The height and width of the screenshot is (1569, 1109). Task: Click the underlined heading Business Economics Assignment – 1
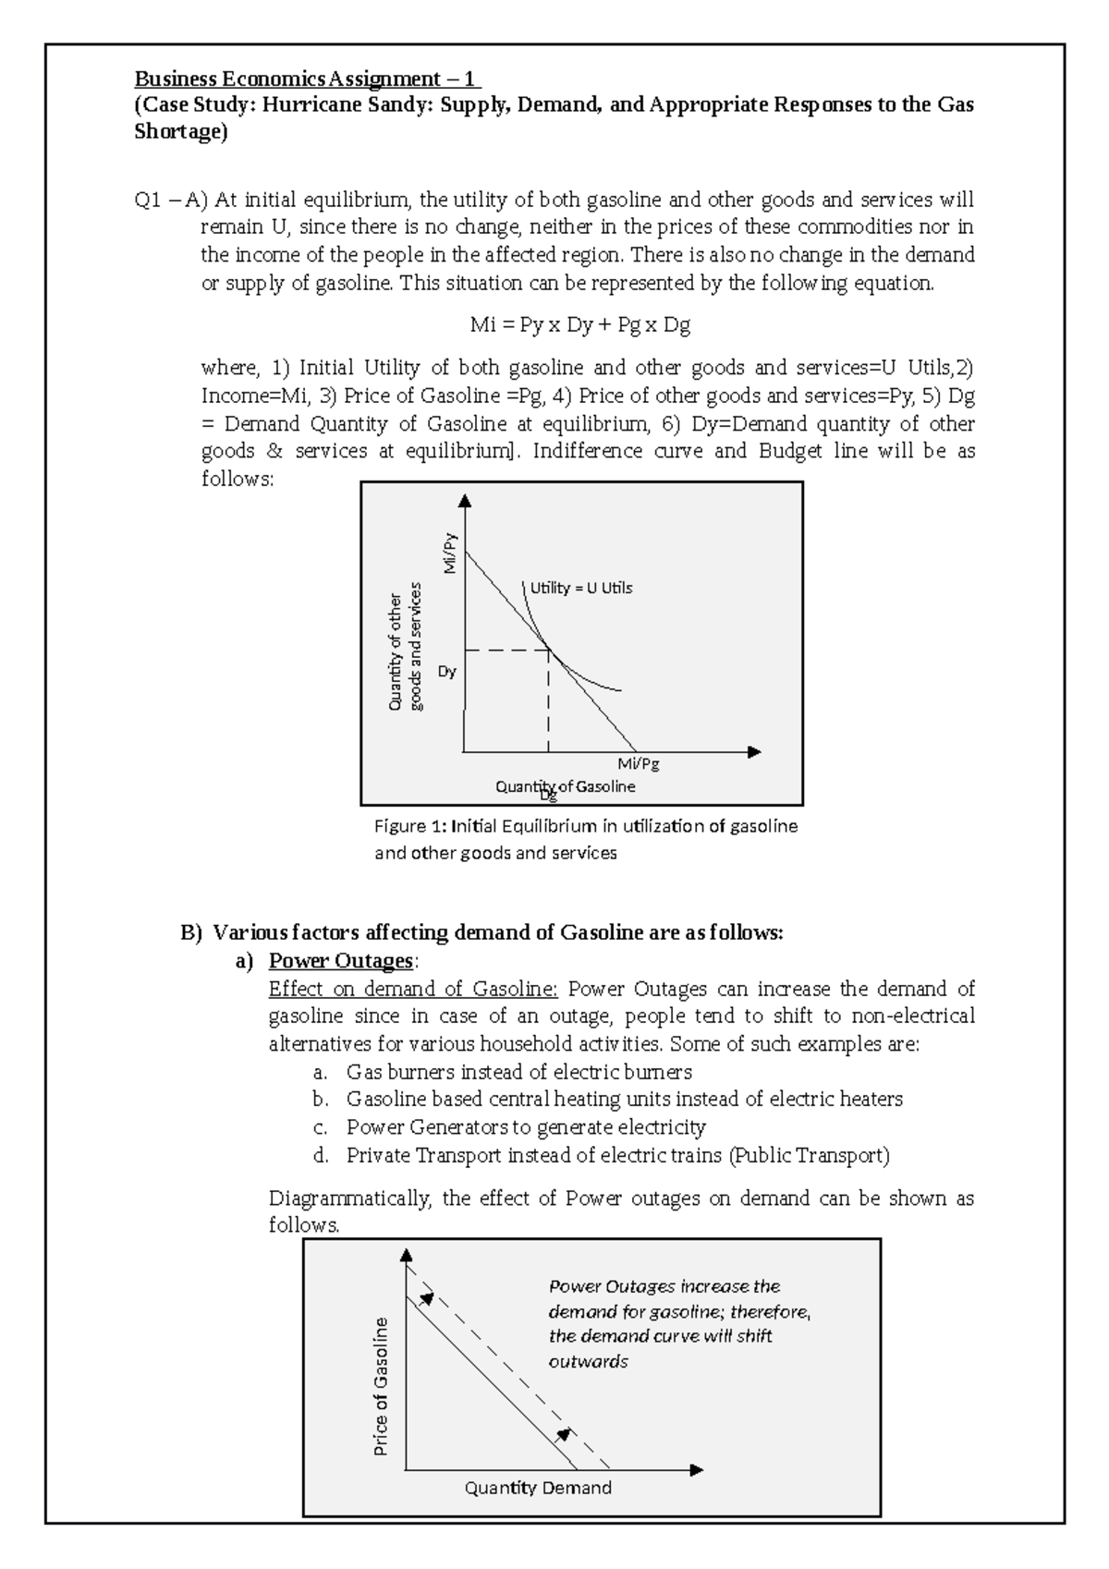coord(307,78)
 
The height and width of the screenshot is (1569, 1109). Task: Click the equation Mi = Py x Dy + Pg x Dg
coord(579,325)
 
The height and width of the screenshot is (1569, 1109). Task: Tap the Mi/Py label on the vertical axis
coord(450,553)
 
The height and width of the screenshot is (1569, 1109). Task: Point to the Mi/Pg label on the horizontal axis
coord(639,764)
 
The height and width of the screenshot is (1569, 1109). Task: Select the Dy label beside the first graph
coord(446,672)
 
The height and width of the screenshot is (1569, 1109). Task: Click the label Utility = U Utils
coord(580,588)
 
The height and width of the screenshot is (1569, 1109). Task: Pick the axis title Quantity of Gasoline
coord(566,786)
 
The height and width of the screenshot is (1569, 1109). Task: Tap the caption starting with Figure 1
coord(585,839)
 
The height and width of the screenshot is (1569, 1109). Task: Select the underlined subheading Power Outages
coord(340,961)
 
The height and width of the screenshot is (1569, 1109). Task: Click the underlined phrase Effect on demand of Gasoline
coord(413,989)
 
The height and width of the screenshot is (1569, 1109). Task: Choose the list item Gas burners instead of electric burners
coord(518,1072)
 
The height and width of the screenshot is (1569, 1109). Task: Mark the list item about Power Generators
coord(525,1127)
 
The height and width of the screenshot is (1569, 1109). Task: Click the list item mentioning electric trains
coord(617,1155)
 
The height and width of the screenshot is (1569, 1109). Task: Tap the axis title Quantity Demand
coord(538,1488)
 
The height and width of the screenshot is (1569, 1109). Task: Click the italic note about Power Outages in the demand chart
coord(678,1323)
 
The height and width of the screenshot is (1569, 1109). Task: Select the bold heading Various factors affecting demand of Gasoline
coord(498,932)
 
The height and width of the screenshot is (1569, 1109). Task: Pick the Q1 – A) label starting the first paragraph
coord(172,201)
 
